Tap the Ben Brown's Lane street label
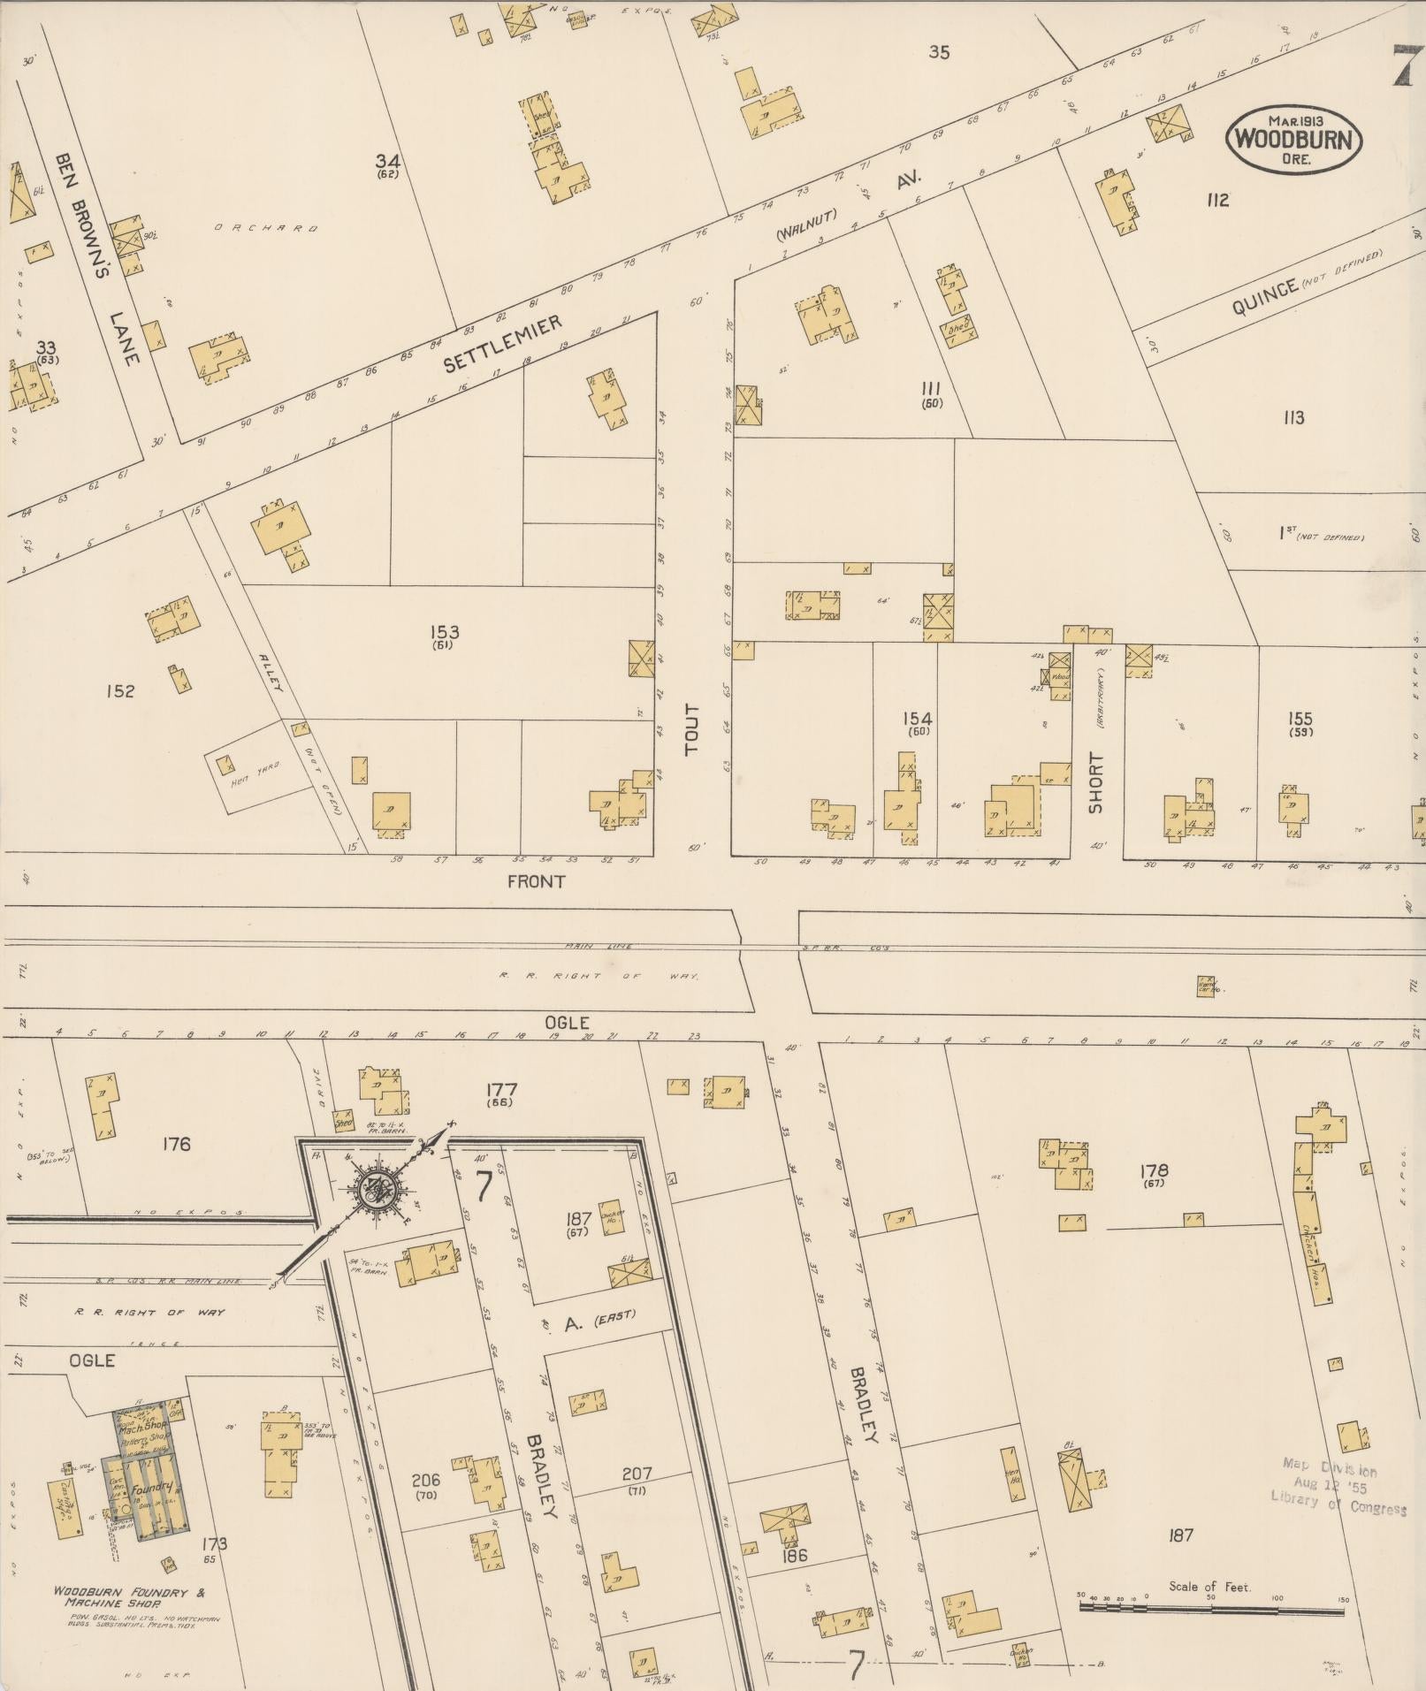coord(98,258)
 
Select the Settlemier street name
coord(503,345)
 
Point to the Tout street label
coord(691,729)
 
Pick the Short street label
coord(1095,782)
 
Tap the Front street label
coord(536,881)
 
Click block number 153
coord(444,632)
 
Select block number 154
coord(917,718)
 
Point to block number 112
coord(1217,201)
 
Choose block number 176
coord(177,1144)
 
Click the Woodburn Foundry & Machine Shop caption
coord(129,1596)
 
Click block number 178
coord(1155,1170)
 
